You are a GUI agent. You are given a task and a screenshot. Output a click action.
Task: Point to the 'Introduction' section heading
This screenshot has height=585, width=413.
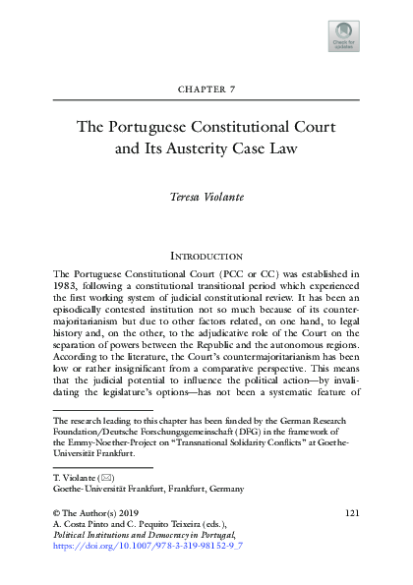click(x=206, y=256)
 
